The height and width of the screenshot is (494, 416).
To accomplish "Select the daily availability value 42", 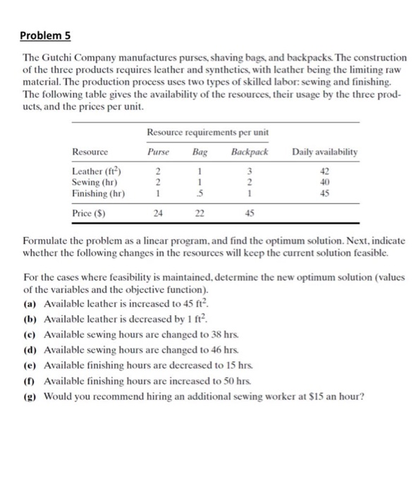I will click(x=324, y=169).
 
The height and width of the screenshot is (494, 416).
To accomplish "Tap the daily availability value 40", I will click(x=324, y=181).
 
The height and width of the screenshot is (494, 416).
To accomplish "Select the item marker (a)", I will click(x=31, y=303).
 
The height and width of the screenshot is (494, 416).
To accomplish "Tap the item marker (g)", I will click(x=31, y=394).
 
